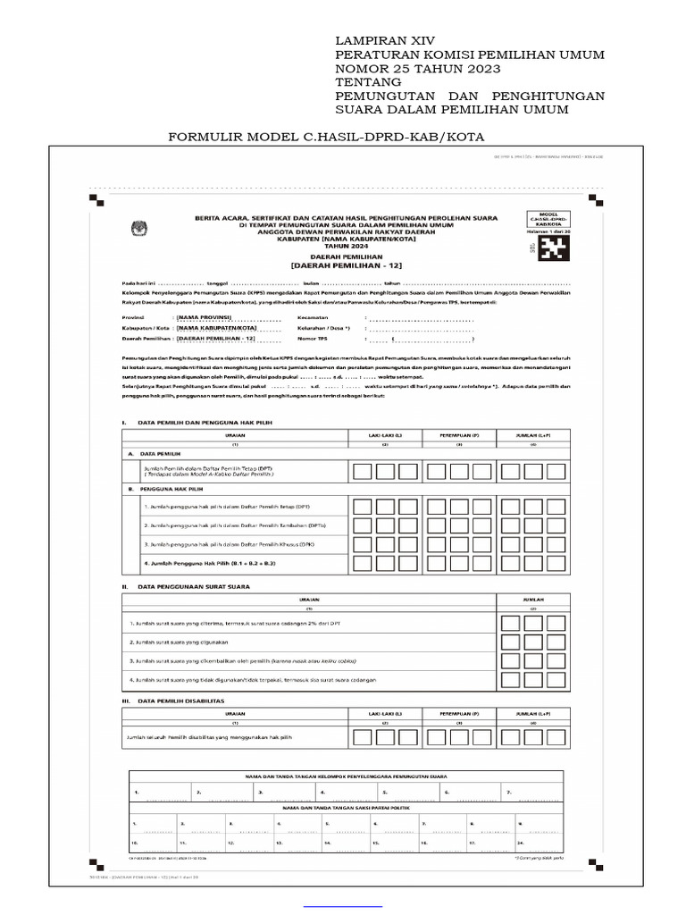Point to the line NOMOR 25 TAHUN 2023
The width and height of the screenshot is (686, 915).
417,69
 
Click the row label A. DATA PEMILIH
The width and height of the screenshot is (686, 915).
155,454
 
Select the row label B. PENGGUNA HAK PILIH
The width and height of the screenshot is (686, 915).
167,490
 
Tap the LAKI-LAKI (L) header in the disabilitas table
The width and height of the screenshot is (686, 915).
385,715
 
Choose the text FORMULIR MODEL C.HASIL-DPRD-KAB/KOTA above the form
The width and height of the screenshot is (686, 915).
326,137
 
